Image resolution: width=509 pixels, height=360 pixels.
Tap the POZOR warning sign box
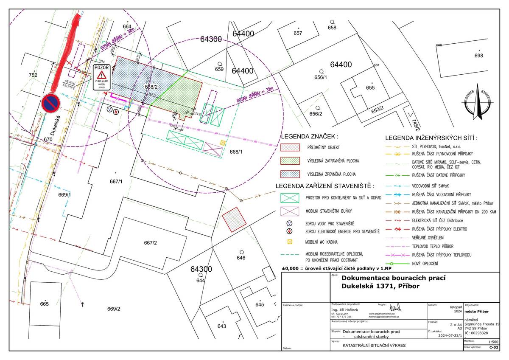point(102,78)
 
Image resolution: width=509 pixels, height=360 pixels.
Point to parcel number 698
point(478,56)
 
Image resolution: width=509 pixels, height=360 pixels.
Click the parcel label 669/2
point(114,309)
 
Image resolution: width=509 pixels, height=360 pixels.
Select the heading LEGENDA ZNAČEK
point(309,137)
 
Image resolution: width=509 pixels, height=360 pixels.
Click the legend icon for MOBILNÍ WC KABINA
point(290,242)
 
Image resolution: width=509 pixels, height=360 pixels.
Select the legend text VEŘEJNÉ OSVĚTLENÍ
point(428,237)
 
